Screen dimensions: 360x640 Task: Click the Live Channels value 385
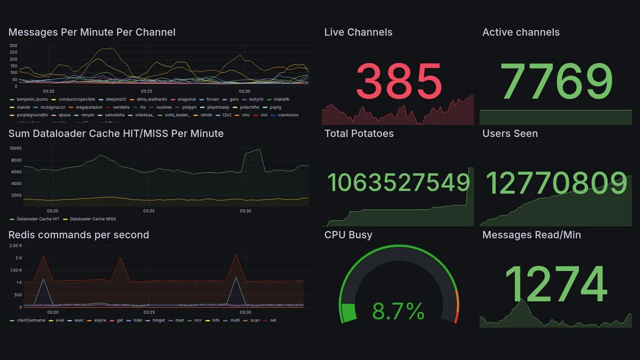(398, 81)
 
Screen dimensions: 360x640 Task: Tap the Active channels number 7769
(556, 81)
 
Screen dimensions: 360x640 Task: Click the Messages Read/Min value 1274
(556, 285)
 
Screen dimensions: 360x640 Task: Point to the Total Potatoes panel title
(359, 133)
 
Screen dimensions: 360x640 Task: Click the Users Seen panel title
(510, 133)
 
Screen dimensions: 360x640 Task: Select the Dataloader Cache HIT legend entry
(38, 219)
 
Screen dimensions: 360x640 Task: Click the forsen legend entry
(212, 99)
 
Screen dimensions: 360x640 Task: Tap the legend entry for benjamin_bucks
(32, 99)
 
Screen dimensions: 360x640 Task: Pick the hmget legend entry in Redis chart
(158, 320)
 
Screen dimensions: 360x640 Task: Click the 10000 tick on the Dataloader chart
(15, 148)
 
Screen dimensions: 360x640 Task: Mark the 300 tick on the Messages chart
(13, 45)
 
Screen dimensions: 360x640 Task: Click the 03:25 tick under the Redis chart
(148, 311)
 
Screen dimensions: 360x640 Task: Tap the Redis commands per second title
(78, 235)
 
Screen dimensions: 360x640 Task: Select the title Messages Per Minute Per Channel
(92, 32)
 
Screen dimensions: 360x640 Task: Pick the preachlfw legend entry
(249, 107)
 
